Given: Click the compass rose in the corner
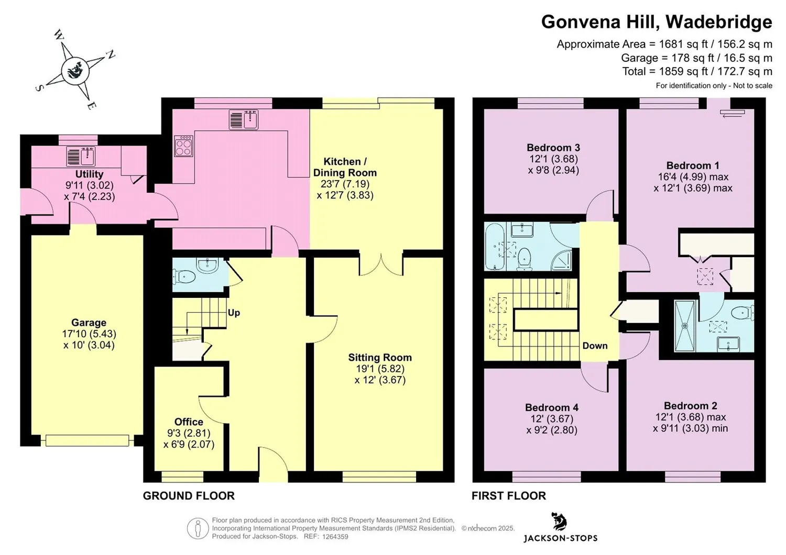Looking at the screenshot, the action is click(75, 70).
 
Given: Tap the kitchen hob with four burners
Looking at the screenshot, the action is click(183, 146).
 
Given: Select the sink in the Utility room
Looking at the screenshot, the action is click(81, 156).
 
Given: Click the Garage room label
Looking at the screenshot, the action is click(89, 322).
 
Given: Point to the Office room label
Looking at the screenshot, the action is click(189, 421).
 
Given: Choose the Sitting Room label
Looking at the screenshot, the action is click(380, 357).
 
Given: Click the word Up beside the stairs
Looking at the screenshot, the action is click(234, 313).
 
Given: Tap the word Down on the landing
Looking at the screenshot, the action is click(595, 346).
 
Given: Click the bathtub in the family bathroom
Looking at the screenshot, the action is click(495, 247).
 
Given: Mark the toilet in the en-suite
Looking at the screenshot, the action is click(743, 312).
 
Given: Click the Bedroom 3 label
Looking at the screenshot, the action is click(553, 147).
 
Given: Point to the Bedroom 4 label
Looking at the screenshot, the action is click(552, 407).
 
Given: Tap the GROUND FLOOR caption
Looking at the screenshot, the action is click(189, 496).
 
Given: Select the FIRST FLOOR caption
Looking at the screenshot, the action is click(509, 496).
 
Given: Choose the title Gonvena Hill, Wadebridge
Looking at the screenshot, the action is click(657, 22).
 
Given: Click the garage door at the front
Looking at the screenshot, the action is click(88, 441).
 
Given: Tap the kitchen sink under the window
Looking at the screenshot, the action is click(244, 119).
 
